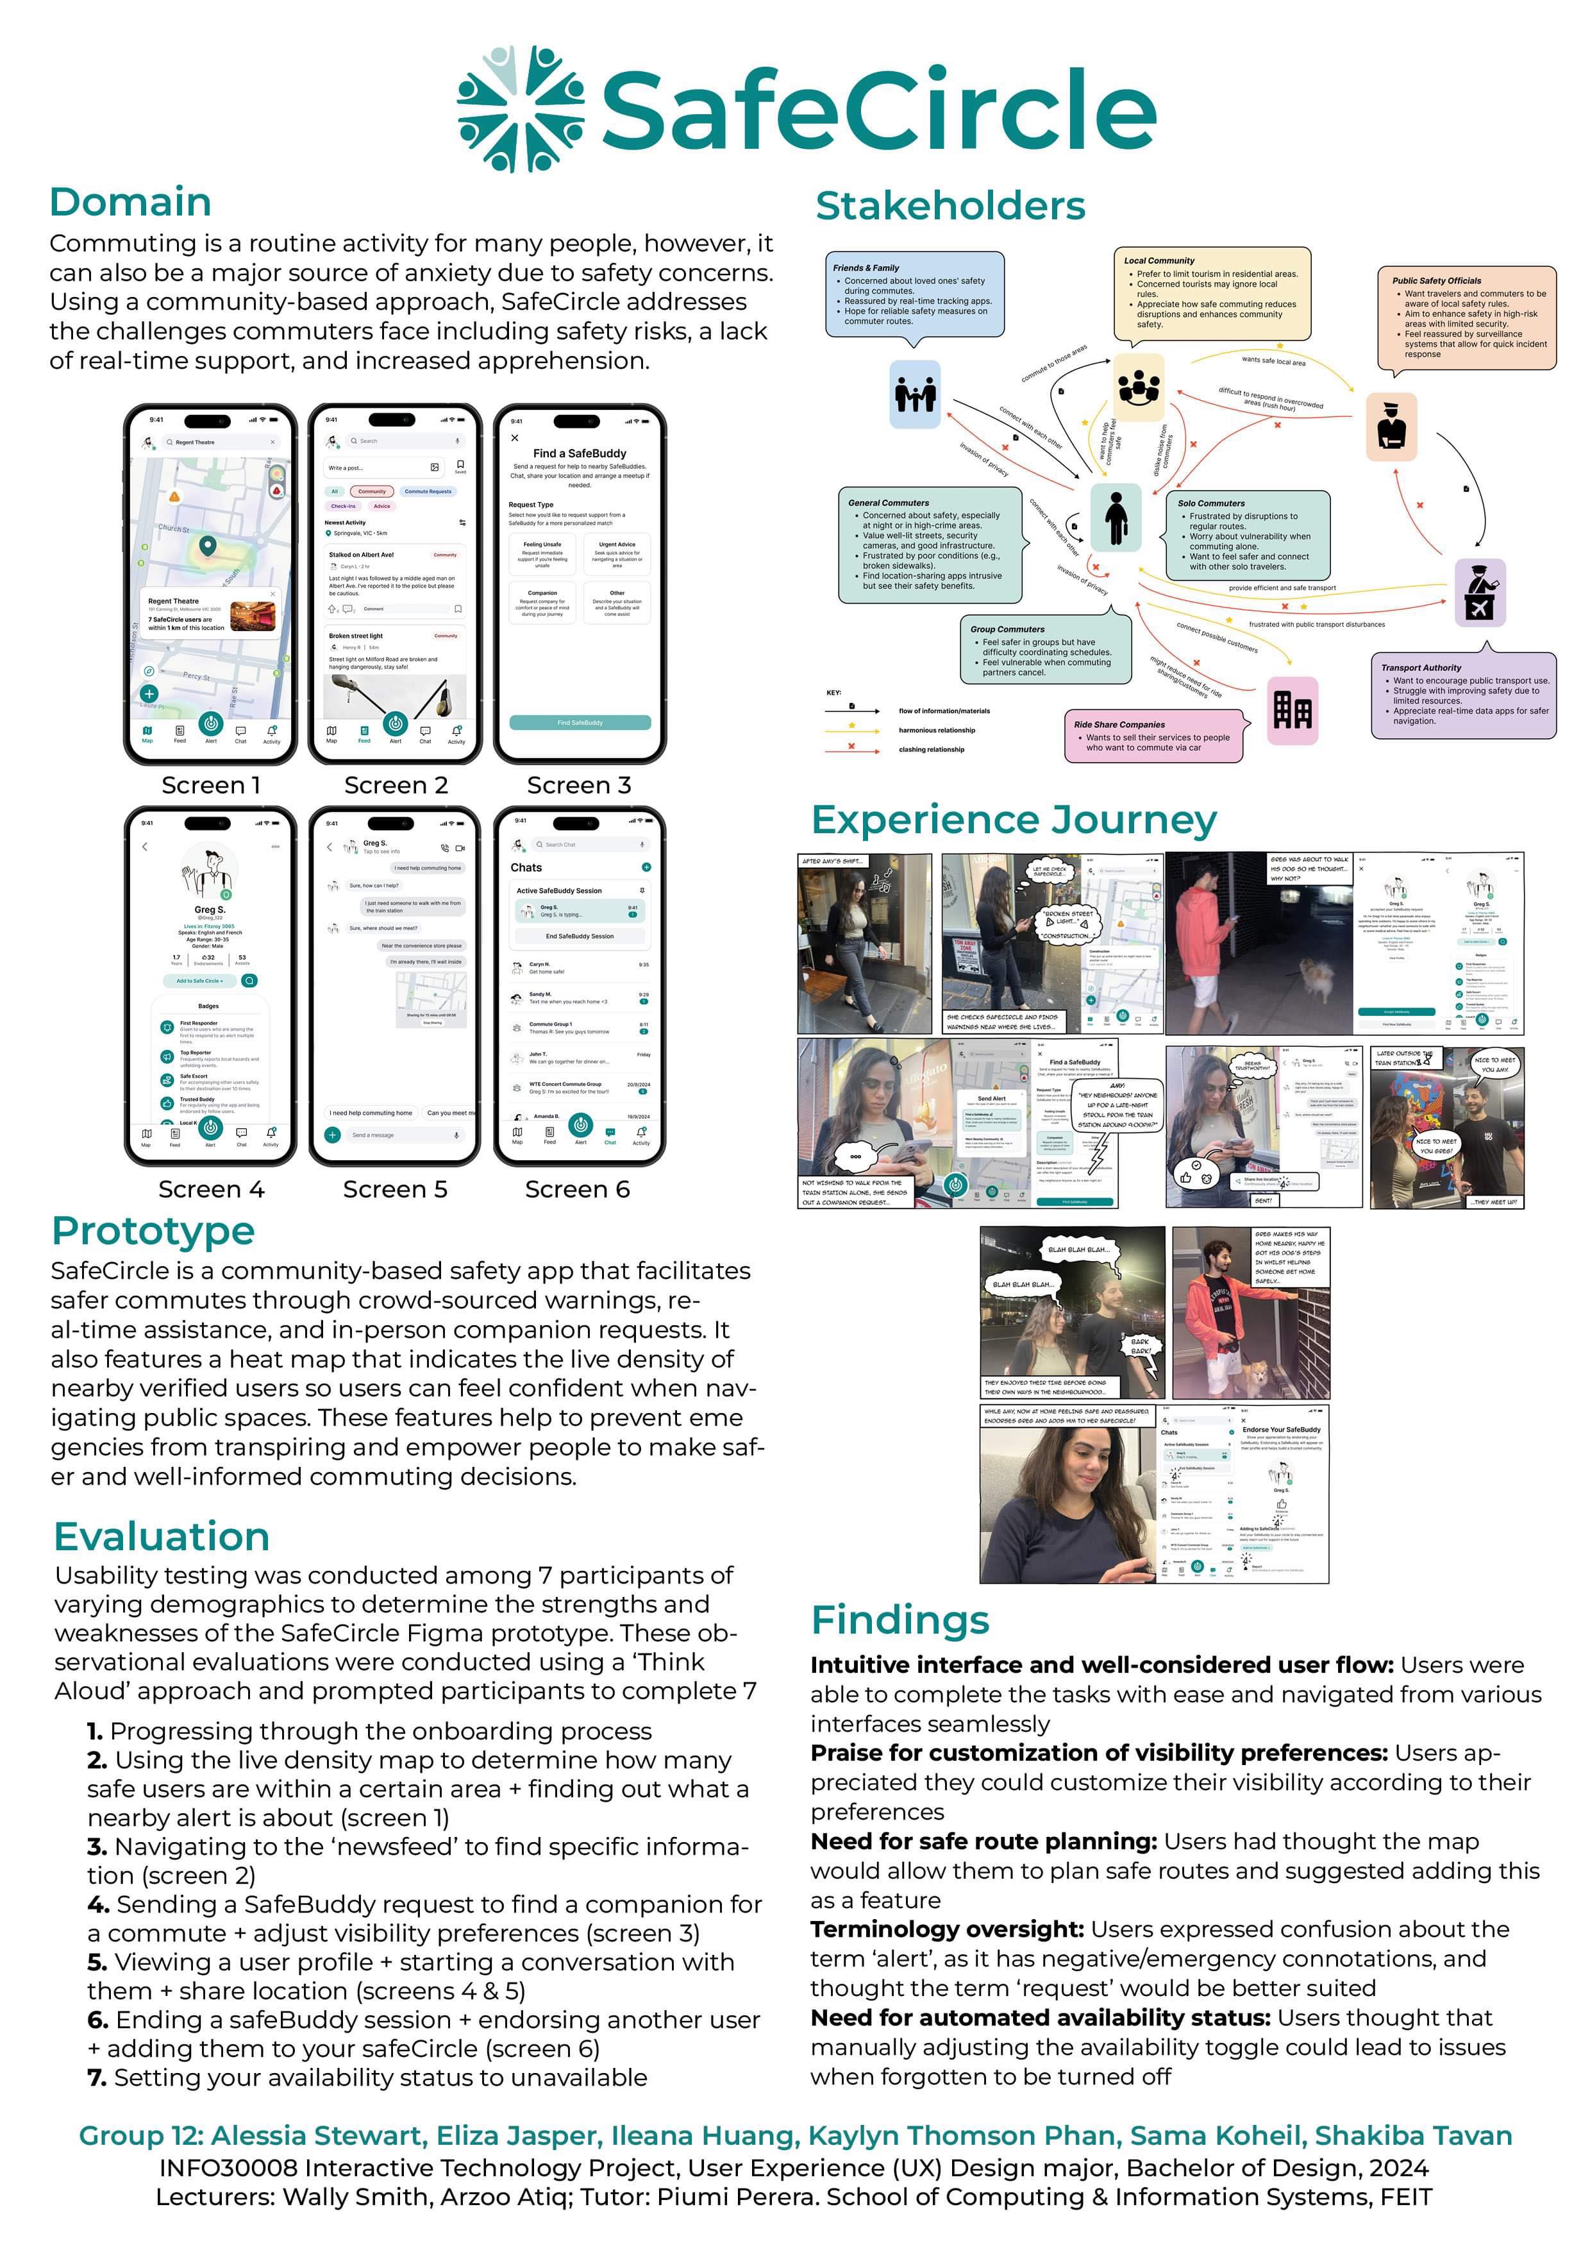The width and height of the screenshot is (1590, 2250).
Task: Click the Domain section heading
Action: [x=130, y=202]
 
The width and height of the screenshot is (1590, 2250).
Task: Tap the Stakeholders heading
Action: [x=950, y=206]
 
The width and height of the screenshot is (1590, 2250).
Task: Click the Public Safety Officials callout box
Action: [x=1466, y=319]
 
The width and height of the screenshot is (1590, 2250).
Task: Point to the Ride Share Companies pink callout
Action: [x=1153, y=735]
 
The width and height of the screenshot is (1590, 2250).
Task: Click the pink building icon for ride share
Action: [x=1291, y=709]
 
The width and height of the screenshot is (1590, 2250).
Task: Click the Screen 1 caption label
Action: [x=211, y=785]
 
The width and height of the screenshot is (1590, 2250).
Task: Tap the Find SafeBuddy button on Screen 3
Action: [x=580, y=722]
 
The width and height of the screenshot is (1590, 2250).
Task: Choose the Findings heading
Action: [x=900, y=1620]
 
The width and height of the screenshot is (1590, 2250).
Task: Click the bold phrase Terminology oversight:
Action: [x=946, y=1929]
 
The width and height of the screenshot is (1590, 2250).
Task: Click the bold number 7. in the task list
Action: [x=96, y=2077]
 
